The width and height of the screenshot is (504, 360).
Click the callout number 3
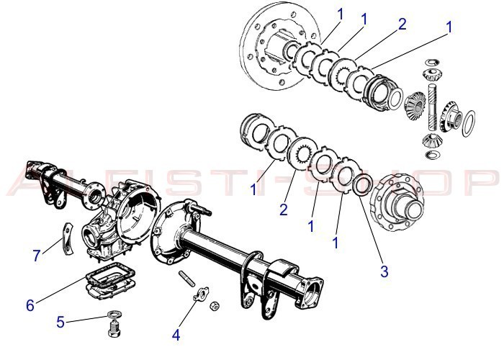384,271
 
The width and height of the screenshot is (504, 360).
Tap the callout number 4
176,334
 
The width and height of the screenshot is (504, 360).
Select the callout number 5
60,322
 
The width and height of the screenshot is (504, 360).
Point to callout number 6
30,305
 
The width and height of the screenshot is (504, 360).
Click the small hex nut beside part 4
214,306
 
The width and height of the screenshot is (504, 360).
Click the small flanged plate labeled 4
202,293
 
